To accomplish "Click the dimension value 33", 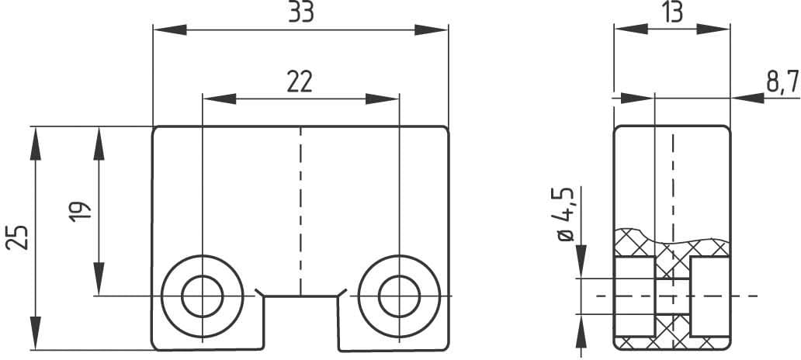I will (x=300, y=14).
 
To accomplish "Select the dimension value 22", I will (x=300, y=81).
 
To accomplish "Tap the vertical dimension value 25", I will (x=19, y=237).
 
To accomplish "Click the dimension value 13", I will (x=671, y=14).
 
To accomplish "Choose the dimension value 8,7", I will (x=782, y=81).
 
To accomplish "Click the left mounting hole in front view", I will (x=202, y=295).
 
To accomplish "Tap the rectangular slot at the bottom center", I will (x=300, y=322).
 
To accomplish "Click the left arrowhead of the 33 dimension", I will (x=169, y=29).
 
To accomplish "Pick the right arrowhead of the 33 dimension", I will (x=432, y=29).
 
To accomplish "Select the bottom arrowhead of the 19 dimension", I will (x=99, y=279).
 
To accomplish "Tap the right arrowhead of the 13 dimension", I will (x=713, y=29).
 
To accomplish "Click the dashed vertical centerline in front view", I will (x=300, y=209).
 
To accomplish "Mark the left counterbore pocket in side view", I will (x=634, y=296).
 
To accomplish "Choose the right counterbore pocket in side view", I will (x=709, y=296).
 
